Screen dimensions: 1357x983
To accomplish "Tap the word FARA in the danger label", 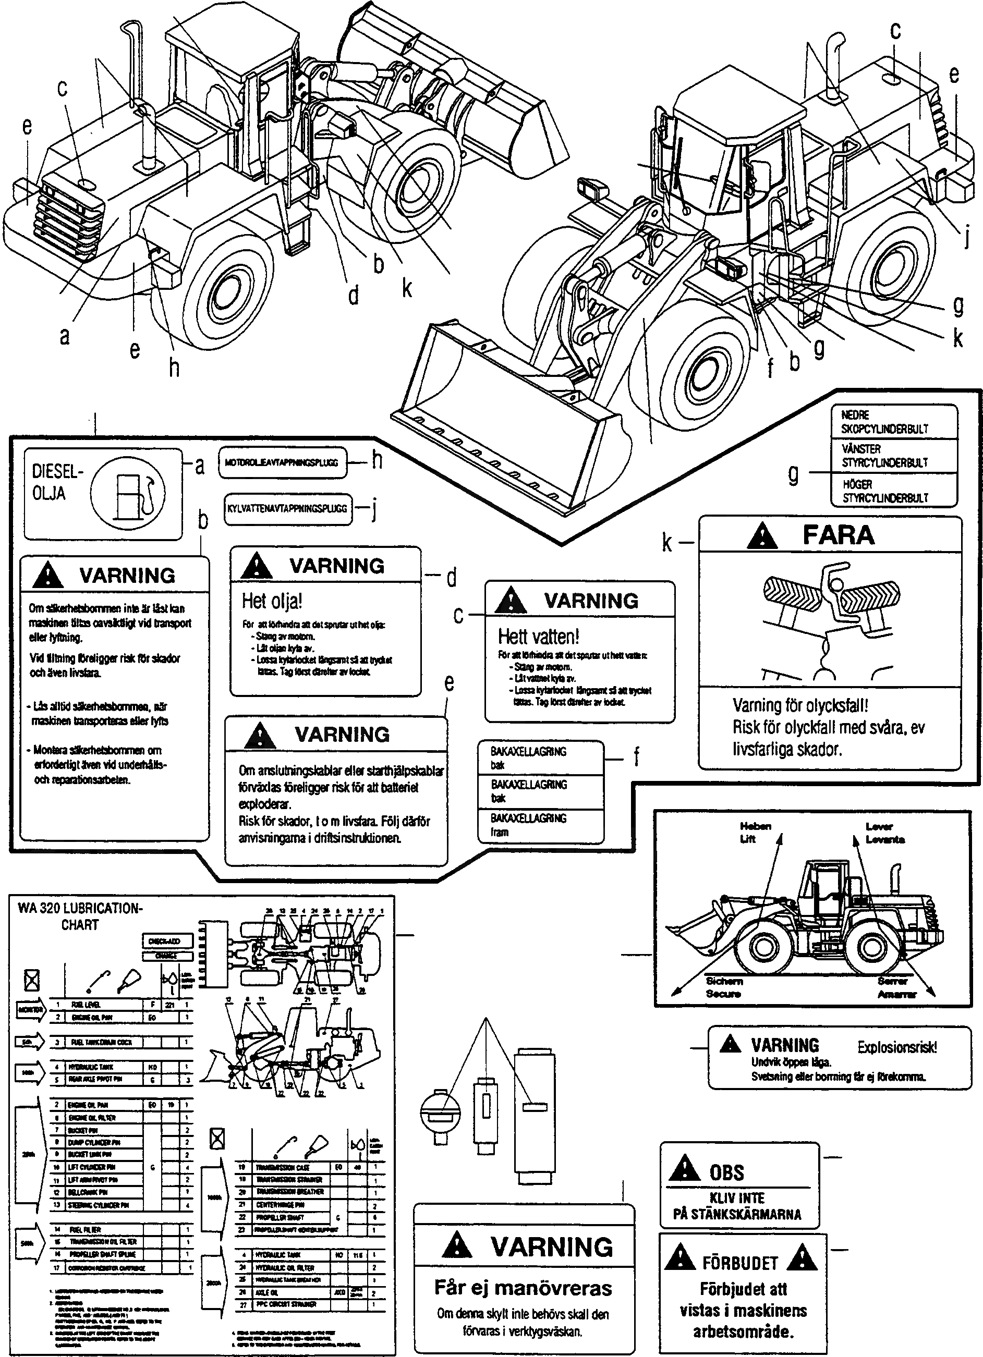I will tap(838, 534).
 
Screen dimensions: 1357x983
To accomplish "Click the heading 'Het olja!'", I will tap(272, 600).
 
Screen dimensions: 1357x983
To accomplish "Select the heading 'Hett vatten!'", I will tap(538, 636).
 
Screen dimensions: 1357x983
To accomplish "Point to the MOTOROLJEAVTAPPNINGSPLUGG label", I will tap(282, 462).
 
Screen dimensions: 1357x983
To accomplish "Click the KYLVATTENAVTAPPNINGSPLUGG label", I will tap(287, 509).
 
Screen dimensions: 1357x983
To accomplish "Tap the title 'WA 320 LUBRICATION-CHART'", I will tap(80, 916).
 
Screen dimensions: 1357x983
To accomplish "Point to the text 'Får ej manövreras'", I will tap(523, 1288).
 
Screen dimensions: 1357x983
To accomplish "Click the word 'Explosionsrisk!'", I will tap(897, 1047).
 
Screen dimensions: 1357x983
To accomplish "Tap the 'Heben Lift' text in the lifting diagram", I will tap(755, 832).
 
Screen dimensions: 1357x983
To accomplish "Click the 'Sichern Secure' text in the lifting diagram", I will tap(724, 987).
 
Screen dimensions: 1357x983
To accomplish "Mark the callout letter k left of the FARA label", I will tap(667, 543).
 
